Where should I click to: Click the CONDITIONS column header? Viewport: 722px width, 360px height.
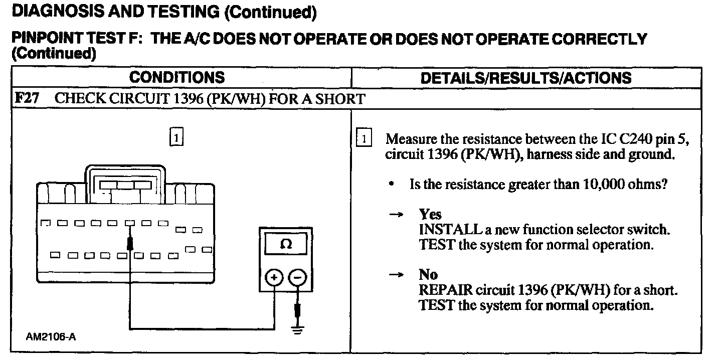tap(176, 78)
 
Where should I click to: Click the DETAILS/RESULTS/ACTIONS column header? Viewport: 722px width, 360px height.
tap(526, 78)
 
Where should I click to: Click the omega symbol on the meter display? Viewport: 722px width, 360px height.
tap(286, 245)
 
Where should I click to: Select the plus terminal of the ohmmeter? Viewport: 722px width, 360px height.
tap(274, 277)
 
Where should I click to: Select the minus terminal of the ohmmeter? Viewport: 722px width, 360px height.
tap(298, 277)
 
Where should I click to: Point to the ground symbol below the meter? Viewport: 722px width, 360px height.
tap(298, 330)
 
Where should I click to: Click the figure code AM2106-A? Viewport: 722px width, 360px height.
tap(51, 337)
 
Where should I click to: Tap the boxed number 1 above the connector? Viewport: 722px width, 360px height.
tap(176, 137)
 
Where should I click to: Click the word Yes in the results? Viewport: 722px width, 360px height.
tap(430, 215)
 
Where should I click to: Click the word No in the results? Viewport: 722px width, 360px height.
tap(428, 274)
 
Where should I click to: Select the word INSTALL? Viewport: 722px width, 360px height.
tap(449, 230)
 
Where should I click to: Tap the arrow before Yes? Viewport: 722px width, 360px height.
tap(396, 215)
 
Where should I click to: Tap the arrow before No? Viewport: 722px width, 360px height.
tap(396, 274)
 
